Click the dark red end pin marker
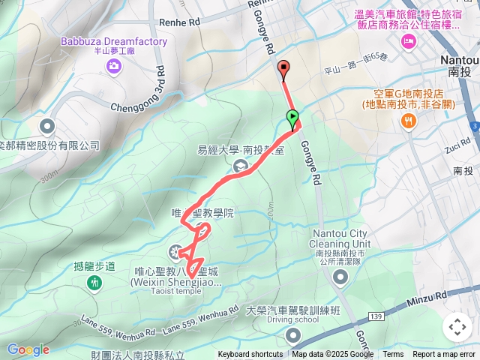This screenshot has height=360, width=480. pyautogui.click(x=283, y=70)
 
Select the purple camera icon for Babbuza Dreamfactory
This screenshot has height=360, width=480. pyautogui.click(x=113, y=67)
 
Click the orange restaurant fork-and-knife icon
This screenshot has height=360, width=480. pyautogui.click(x=409, y=120)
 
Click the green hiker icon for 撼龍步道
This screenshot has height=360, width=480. pyautogui.click(x=94, y=283)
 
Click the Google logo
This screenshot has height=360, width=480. pyautogui.click(x=28, y=349)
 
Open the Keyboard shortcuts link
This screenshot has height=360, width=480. pyautogui.click(x=250, y=355)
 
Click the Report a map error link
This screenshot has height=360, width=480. pyautogui.click(x=445, y=355)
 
